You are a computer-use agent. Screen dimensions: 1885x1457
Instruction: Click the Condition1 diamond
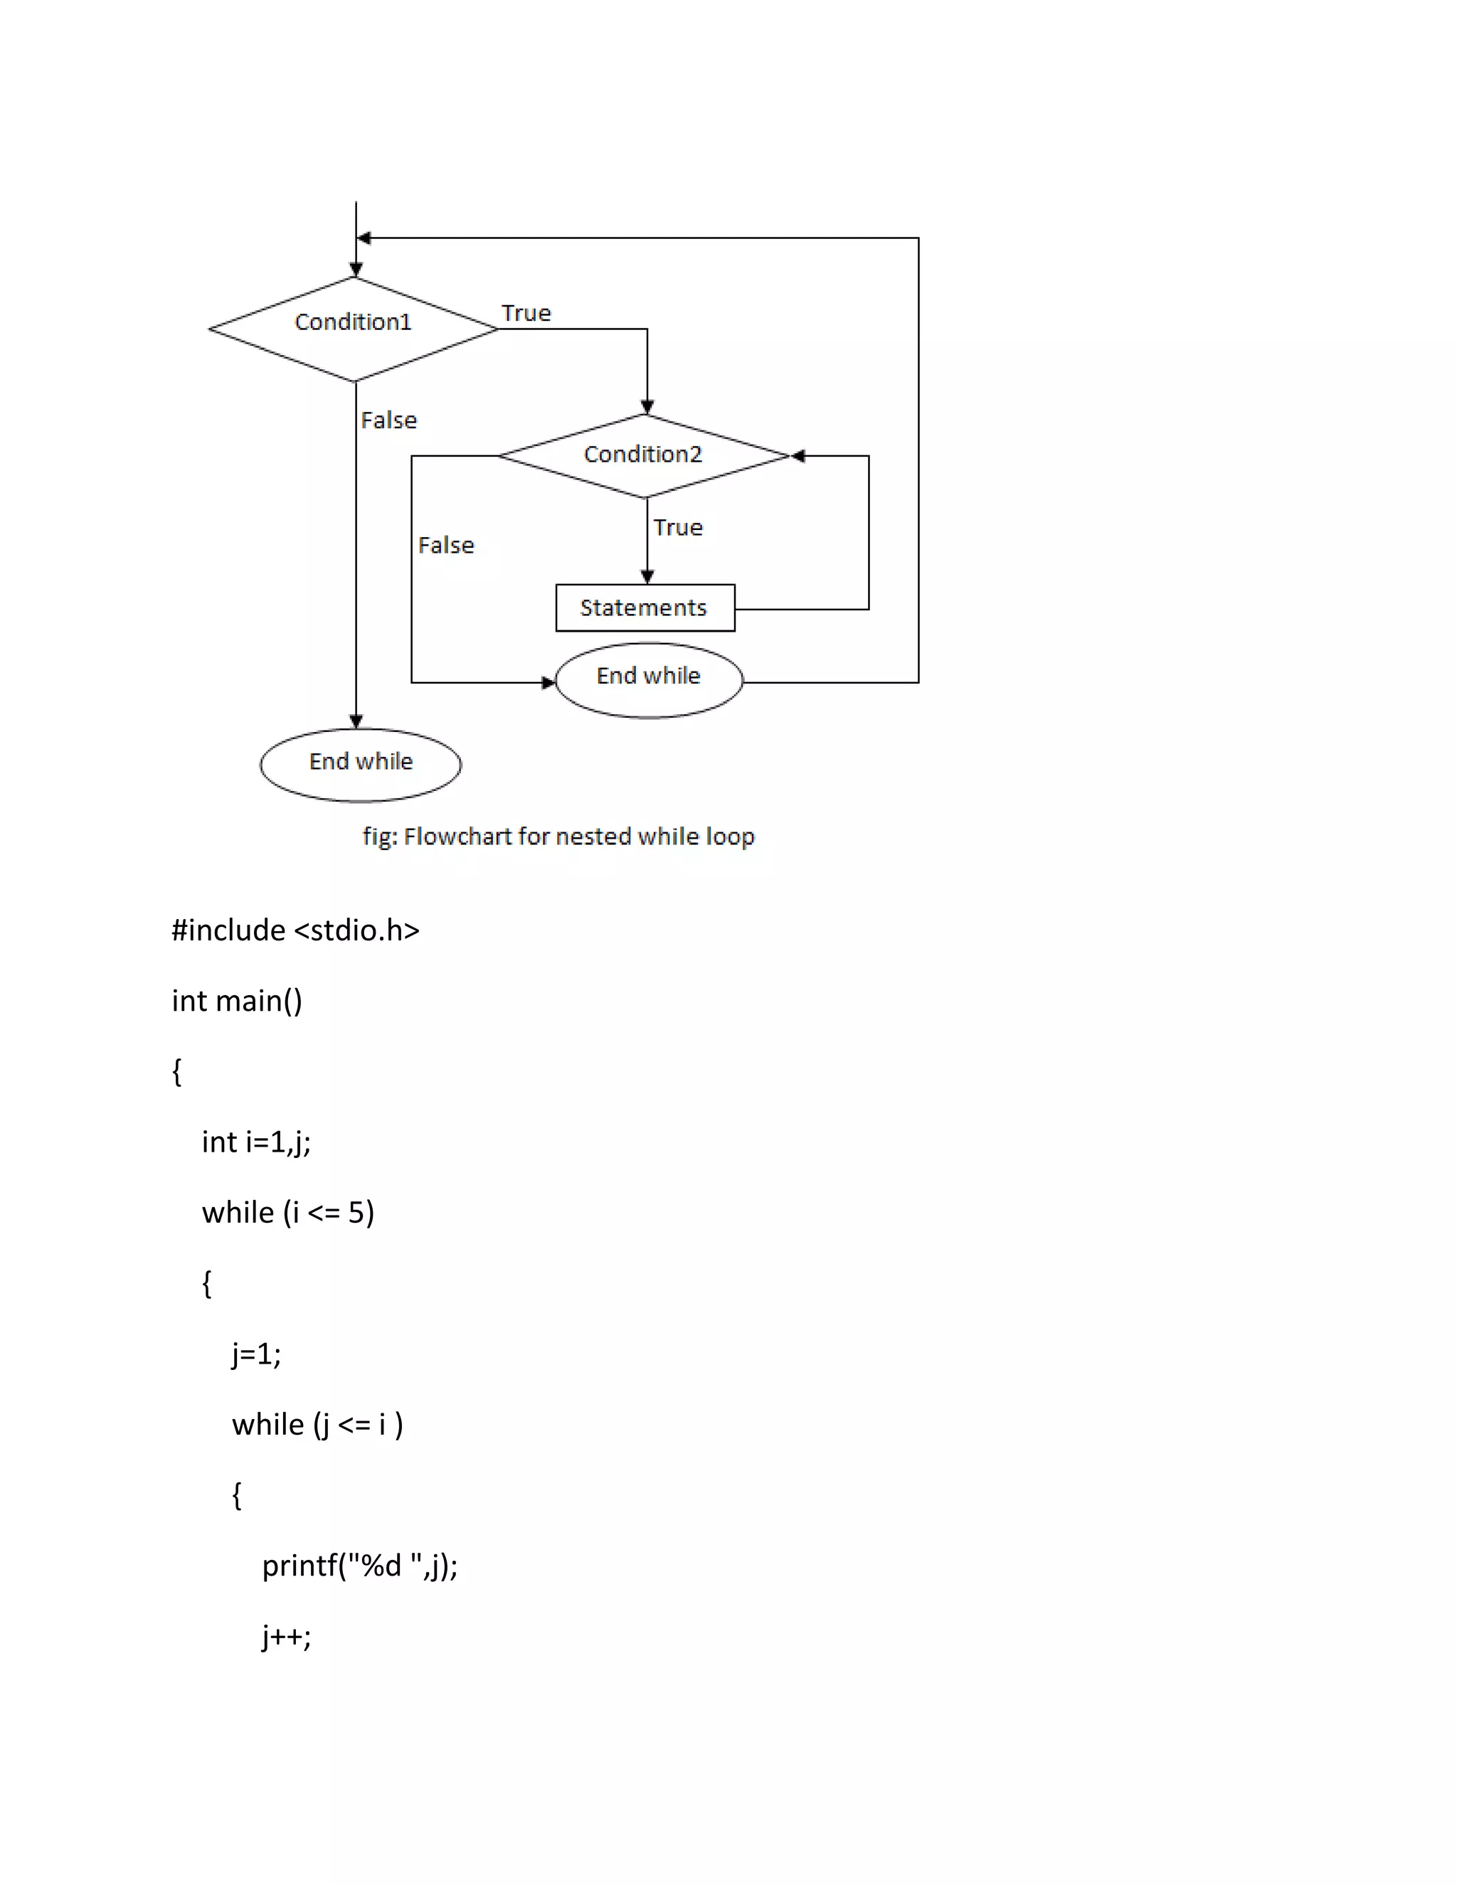click(353, 328)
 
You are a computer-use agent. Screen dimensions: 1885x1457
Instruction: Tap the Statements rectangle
click(645, 607)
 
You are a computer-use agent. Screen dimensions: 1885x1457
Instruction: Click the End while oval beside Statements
click(648, 679)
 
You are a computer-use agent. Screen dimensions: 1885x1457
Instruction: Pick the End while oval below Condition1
click(361, 764)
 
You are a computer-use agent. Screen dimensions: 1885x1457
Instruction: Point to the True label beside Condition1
click(526, 313)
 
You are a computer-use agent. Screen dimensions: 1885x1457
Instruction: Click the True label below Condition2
click(677, 527)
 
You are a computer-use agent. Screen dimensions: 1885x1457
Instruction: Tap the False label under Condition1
click(388, 420)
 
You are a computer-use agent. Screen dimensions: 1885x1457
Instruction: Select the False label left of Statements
click(446, 546)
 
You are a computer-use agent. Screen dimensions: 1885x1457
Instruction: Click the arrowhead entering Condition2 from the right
click(798, 456)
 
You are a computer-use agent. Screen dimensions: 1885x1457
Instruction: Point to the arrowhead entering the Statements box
click(647, 577)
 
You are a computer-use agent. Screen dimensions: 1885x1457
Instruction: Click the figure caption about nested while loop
click(558, 837)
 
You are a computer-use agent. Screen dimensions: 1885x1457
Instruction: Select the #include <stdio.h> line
click(295, 930)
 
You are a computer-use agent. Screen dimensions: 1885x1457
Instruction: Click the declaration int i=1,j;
click(256, 1142)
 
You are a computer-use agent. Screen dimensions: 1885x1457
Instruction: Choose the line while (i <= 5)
click(287, 1213)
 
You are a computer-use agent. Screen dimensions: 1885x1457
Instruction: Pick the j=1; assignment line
click(256, 1354)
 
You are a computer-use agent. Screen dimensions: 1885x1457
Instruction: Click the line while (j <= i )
click(317, 1424)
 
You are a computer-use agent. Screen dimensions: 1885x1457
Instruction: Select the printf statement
click(359, 1566)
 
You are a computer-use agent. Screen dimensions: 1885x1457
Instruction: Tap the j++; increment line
click(287, 1637)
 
